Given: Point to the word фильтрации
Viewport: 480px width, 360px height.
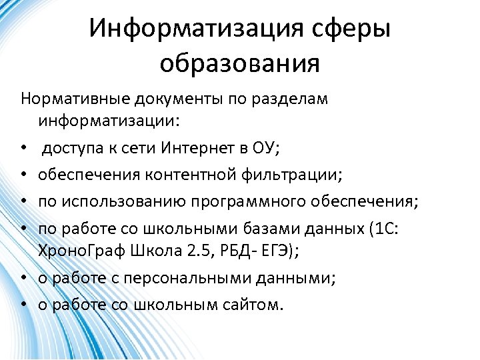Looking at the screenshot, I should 291,175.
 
